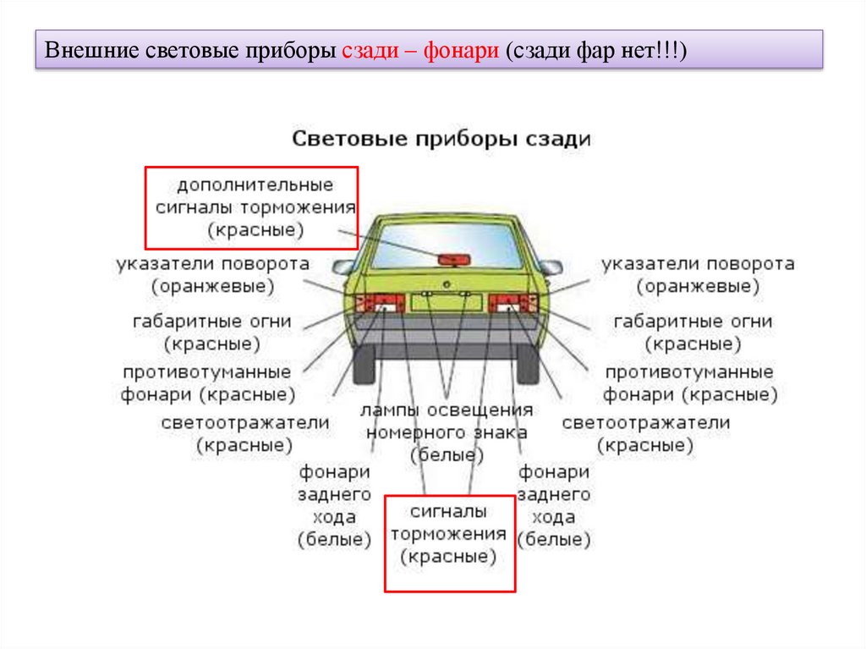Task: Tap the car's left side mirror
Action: pos(343,267)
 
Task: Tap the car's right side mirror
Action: pos(551,267)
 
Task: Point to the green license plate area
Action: pos(447,302)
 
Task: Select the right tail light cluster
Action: pos(512,303)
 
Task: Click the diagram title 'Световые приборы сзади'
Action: pos(441,139)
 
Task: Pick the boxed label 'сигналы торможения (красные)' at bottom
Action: pos(449,534)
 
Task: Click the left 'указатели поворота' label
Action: pos(212,275)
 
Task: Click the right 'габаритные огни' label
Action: pos(693,333)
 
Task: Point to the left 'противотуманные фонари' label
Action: pos(207,383)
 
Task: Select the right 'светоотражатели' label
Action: pos(645,433)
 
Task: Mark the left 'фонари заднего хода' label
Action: pos(334,505)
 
